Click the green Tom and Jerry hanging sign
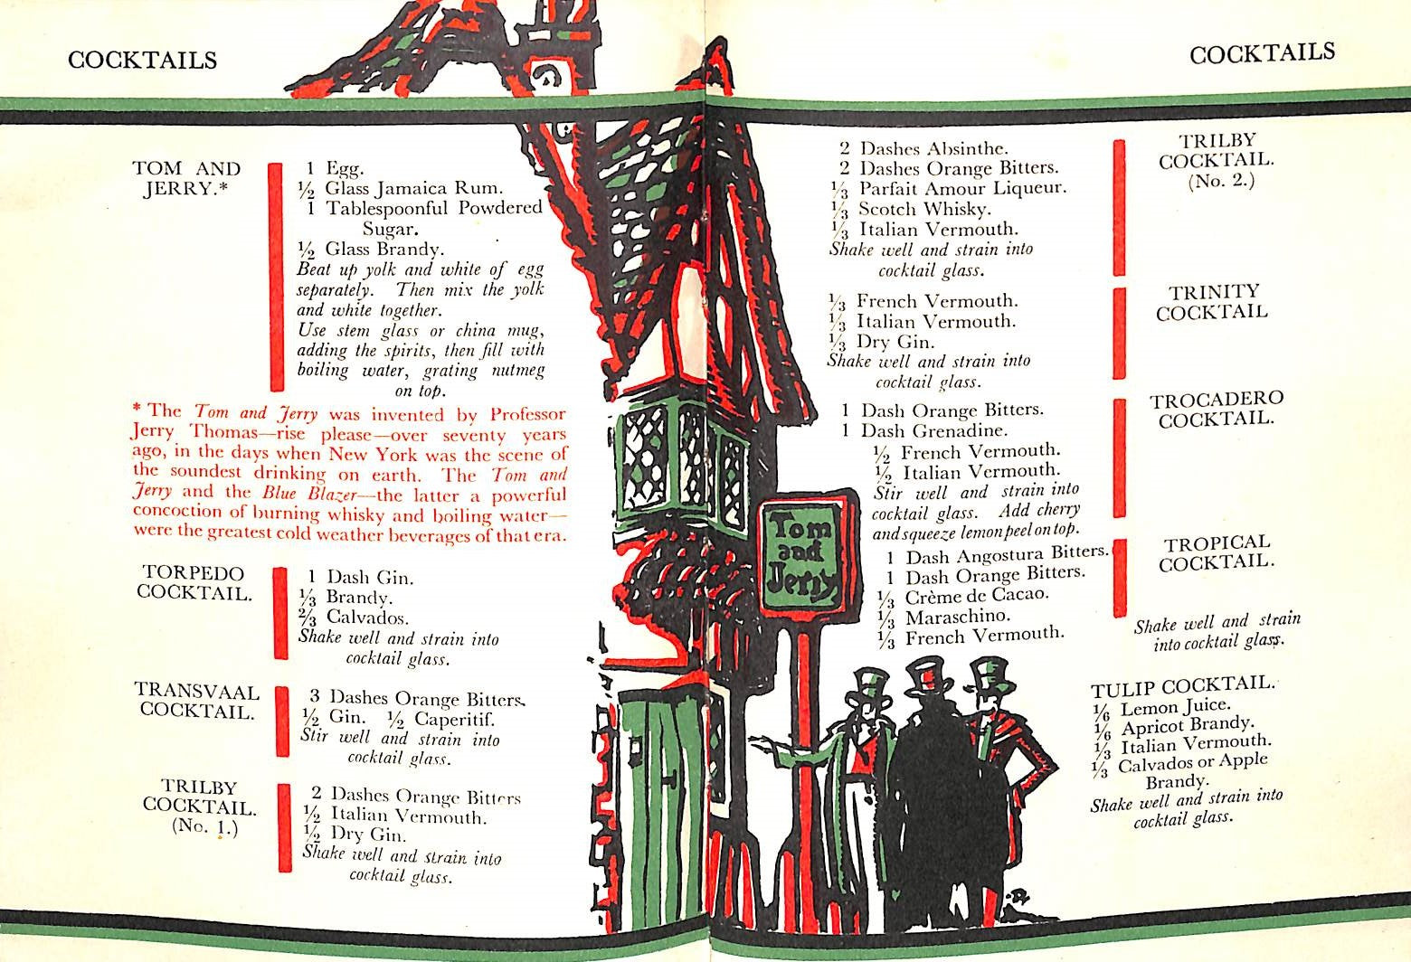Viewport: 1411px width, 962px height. (804, 554)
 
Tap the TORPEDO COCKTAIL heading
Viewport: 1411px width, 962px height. (194, 583)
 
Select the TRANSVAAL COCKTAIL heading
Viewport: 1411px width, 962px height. (196, 701)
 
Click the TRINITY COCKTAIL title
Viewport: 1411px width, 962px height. (1211, 302)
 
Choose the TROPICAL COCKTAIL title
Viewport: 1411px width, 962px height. (1217, 552)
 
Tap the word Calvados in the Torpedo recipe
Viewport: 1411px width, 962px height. (367, 617)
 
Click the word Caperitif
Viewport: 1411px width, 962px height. (454, 719)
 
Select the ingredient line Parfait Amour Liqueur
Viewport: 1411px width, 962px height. (962, 188)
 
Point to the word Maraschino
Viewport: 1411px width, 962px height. (958, 617)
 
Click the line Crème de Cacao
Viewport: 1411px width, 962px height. (976, 596)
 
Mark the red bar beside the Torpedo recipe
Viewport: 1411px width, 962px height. (280, 613)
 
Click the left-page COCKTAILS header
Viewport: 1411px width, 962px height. (142, 60)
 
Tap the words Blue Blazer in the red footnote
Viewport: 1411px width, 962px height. (308, 494)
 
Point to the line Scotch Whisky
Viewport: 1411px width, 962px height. (924, 208)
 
